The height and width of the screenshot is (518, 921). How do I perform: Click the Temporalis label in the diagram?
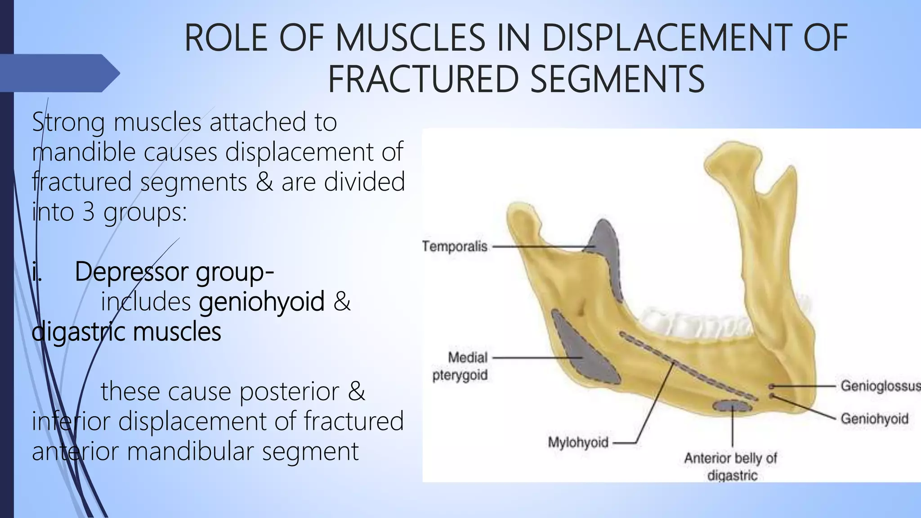click(x=455, y=246)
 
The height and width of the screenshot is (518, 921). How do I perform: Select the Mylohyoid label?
click(x=578, y=442)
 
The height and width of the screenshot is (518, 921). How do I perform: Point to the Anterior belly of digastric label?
click(x=731, y=467)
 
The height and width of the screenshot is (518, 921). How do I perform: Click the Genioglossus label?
click(x=879, y=386)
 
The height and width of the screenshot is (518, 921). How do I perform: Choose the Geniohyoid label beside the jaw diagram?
click(x=874, y=419)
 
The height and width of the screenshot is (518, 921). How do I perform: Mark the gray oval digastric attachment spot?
click(x=732, y=406)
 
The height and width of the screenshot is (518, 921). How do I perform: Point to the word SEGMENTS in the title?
click(x=617, y=79)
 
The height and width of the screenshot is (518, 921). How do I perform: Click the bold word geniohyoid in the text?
click(x=262, y=301)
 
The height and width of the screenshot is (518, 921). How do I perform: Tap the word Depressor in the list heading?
click(x=131, y=272)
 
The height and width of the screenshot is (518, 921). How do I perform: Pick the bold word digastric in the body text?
click(x=78, y=332)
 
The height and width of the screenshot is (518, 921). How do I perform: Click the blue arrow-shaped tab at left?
click(x=58, y=73)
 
